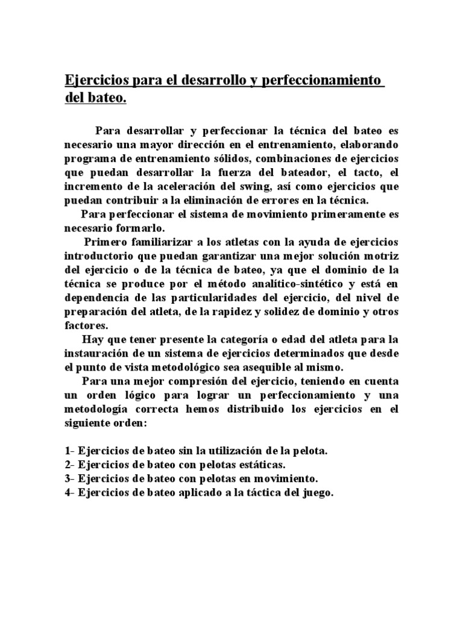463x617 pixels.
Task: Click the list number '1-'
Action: click(69, 451)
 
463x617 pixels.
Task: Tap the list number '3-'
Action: click(69, 479)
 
